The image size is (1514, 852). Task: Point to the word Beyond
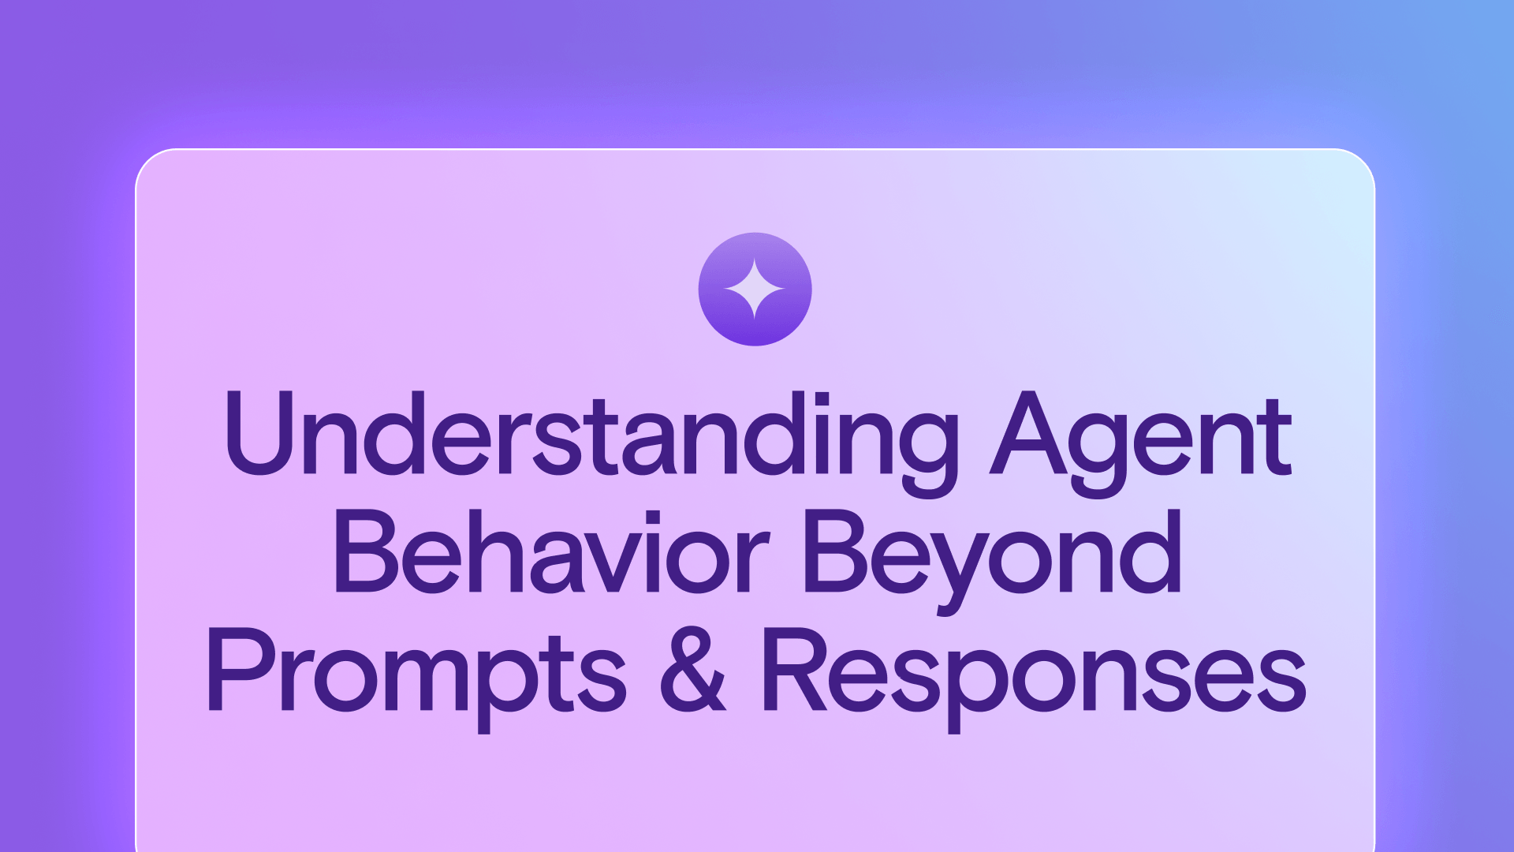tap(992, 560)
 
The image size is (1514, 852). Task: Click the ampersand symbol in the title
tap(692, 670)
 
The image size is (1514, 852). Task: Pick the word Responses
tap(1034, 678)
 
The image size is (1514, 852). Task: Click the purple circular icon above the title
tap(755, 289)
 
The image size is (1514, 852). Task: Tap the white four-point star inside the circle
tap(755, 289)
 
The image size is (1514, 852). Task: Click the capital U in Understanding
tap(259, 433)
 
